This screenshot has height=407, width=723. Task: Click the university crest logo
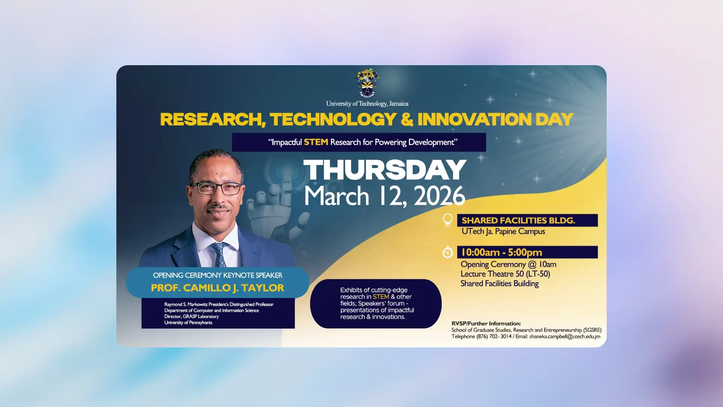(x=367, y=83)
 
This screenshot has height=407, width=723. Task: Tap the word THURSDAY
(x=385, y=170)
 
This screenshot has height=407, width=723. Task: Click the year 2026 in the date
(x=439, y=196)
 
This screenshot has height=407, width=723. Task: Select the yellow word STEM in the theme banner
(x=316, y=142)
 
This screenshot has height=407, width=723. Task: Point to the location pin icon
(x=447, y=220)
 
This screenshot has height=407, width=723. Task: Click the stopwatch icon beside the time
(x=447, y=252)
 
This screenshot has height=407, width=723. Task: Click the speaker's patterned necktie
(x=219, y=254)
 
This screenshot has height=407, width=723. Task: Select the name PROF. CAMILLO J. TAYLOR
(x=217, y=288)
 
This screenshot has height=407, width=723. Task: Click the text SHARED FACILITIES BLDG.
(x=518, y=220)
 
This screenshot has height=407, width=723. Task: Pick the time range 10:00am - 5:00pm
(x=501, y=252)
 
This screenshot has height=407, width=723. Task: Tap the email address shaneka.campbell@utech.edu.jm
(x=564, y=337)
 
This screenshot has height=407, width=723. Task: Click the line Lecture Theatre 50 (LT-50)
(x=505, y=274)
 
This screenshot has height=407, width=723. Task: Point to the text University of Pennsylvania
(x=188, y=323)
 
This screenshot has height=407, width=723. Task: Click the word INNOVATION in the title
(x=474, y=119)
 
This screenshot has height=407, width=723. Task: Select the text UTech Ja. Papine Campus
(x=503, y=231)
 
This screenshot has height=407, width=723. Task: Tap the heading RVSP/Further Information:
(x=486, y=323)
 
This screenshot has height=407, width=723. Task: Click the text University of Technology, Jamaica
(x=367, y=104)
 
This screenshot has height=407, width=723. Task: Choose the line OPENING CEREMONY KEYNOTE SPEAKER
(x=217, y=275)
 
